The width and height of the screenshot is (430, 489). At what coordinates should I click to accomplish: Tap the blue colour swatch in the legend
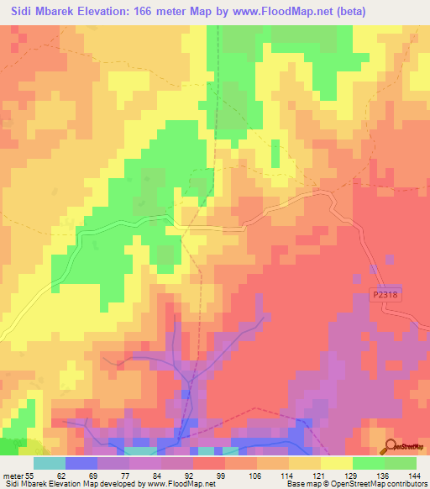81,462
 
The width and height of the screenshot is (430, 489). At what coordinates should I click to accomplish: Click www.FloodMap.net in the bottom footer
178,484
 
